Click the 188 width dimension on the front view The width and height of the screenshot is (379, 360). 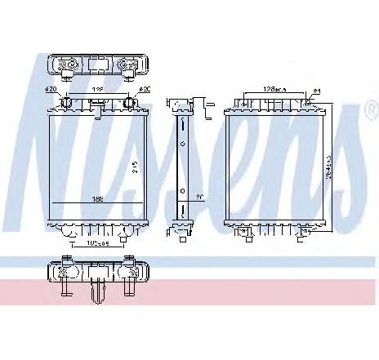click(98, 198)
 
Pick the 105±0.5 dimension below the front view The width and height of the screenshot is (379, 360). click(96, 244)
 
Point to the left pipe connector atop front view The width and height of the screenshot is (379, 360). click(66, 104)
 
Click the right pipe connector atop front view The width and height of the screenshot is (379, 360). click(128, 104)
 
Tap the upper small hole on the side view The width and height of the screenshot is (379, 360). click(181, 143)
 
